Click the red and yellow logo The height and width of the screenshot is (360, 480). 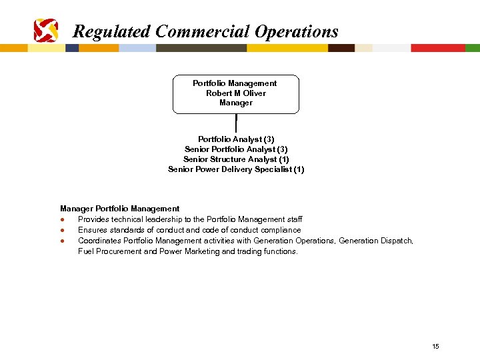(x=46, y=31)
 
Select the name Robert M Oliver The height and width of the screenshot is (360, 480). (x=236, y=93)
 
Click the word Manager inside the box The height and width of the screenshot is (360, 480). (x=236, y=103)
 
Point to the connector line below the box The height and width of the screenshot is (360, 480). (x=236, y=123)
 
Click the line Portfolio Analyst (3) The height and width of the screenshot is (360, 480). (x=236, y=139)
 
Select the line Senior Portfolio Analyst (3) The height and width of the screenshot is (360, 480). (x=236, y=149)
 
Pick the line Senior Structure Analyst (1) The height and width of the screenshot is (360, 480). (x=236, y=159)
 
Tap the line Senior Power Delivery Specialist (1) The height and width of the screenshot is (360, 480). (x=236, y=169)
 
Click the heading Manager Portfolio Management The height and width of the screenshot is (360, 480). (x=120, y=209)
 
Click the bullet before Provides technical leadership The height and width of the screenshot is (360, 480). (x=61, y=220)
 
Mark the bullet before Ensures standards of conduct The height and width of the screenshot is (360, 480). (x=61, y=231)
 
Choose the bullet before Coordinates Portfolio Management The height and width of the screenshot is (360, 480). (x=61, y=241)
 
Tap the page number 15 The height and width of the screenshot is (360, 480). (x=435, y=346)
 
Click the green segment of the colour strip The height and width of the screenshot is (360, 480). (x=472, y=48)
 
